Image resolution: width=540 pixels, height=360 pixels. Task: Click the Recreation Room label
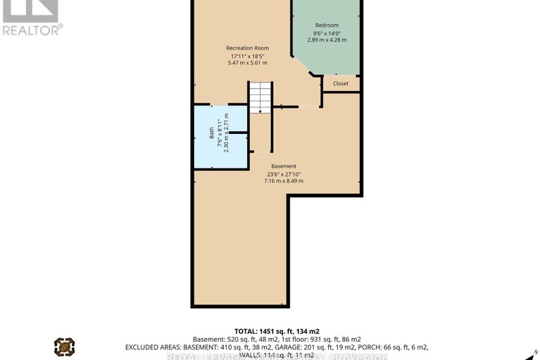247,48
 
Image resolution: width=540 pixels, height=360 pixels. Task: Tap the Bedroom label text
327,25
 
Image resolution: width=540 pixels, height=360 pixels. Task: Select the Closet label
341,84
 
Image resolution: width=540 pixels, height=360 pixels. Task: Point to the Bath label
211,132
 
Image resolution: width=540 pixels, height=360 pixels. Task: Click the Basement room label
284,166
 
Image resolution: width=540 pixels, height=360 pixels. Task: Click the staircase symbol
260,97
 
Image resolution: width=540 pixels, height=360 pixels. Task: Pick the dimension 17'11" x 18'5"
247,56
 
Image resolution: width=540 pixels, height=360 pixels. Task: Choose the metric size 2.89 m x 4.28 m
327,40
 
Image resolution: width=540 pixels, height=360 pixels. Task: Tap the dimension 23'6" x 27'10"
284,174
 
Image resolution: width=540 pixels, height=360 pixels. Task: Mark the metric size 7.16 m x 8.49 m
284,181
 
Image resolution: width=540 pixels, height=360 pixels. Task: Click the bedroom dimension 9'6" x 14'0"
327,33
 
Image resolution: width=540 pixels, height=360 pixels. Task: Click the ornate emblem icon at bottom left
64,347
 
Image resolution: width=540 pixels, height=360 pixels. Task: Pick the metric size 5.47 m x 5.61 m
247,63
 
